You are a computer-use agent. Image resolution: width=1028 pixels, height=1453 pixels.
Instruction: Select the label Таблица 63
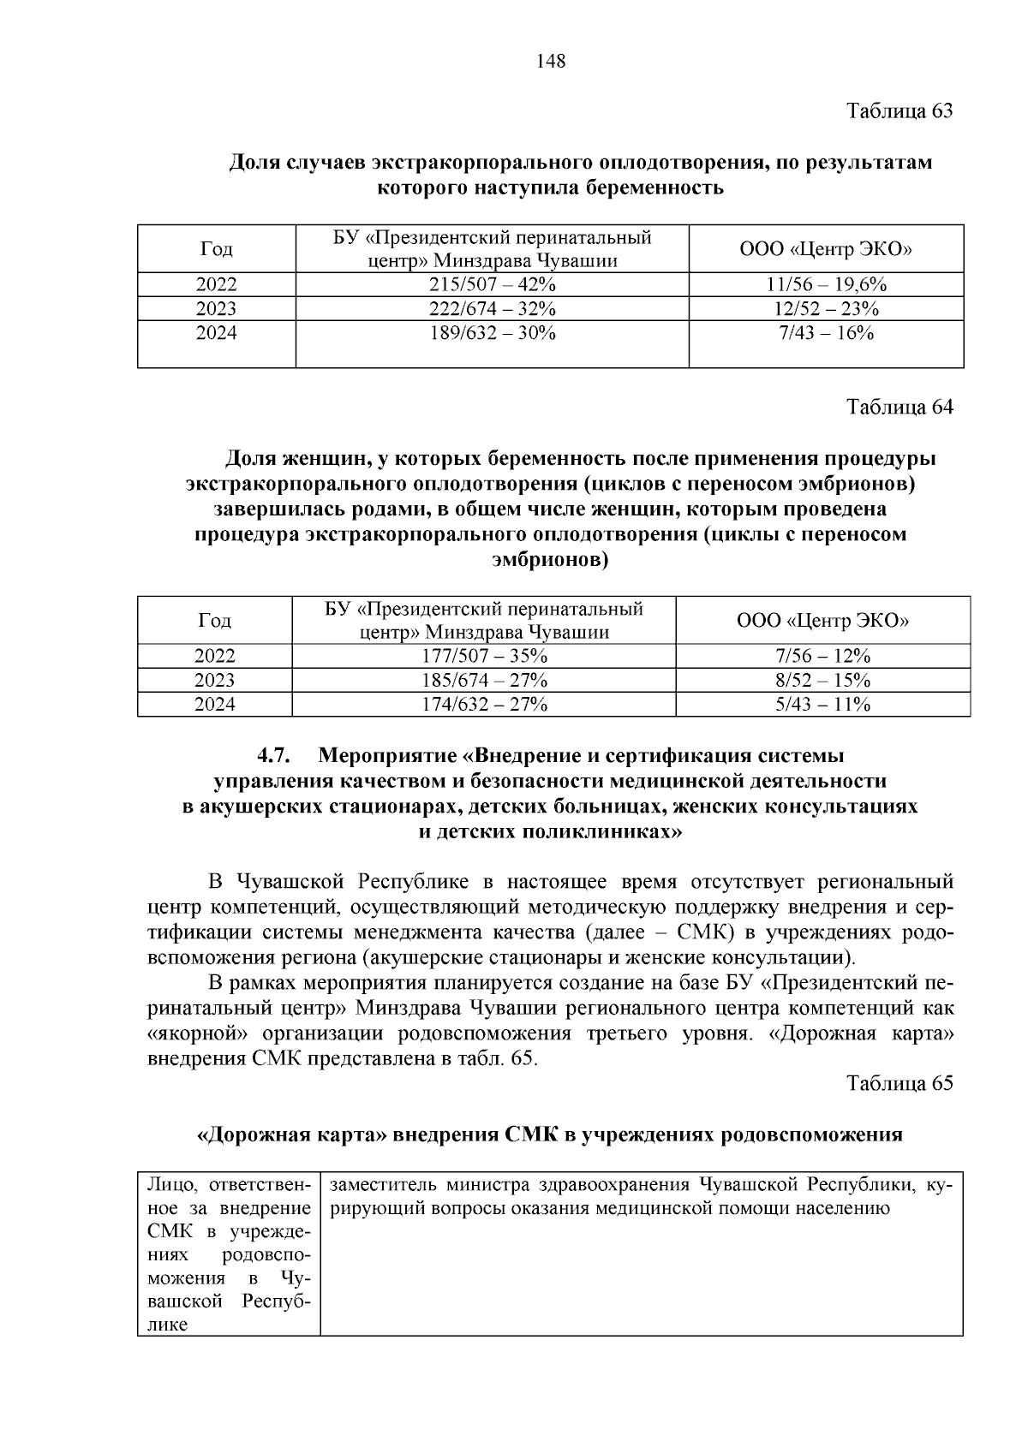pos(899,111)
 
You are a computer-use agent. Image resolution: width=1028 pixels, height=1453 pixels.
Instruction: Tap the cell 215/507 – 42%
pos(492,284)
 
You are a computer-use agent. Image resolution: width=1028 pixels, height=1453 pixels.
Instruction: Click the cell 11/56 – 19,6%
pos(826,284)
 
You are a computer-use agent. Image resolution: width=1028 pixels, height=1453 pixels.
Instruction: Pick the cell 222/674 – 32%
pos(492,308)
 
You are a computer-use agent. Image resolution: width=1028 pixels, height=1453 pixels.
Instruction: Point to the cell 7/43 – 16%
pos(826,333)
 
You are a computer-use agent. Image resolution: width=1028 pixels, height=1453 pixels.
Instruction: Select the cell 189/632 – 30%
pos(492,333)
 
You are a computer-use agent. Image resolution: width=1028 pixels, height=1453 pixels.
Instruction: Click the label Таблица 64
pos(899,408)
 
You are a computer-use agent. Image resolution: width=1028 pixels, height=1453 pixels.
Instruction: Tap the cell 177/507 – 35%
pos(484,656)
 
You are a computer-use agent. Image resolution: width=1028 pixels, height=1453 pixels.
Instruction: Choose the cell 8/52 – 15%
pos(822,680)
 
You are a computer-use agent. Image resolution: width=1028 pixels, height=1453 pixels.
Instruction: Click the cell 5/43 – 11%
pos(822,704)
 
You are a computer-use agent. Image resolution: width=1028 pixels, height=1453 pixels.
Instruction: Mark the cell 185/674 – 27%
pos(484,680)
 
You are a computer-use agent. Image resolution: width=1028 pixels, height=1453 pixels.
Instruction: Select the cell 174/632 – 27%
pos(484,704)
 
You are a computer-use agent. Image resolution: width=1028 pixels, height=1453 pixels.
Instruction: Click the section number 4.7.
pos(275,756)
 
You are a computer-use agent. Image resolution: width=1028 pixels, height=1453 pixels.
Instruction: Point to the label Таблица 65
pos(899,1083)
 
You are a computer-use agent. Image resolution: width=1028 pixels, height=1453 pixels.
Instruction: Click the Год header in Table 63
pos(216,249)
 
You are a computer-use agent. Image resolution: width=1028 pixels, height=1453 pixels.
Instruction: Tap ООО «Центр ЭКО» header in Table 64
pos(822,620)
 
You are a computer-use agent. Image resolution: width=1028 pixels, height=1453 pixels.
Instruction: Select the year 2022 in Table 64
pos(214,656)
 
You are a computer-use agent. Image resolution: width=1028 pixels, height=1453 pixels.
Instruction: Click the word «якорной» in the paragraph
pos(189,1033)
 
